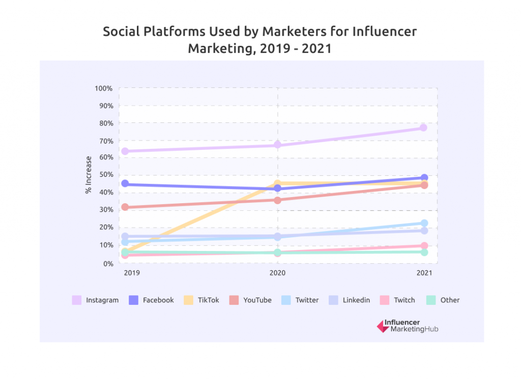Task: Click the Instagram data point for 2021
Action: (x=423, y=128)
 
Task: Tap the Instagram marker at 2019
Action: (x=125, y=151)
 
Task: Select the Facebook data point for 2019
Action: (x=125, y=184)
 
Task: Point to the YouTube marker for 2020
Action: (x=277, y=200)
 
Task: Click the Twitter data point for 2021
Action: (x=424, y=223)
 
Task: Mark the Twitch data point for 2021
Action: (x=424, y=246)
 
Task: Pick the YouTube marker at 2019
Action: (x=125, y=207)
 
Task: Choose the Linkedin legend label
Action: (x=356, y=300)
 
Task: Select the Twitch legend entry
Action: (x=404, y=300)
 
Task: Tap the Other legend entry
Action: (x=450, y=300)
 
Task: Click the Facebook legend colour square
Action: (x=134, y=300)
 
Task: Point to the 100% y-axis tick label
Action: (x=103, y=88)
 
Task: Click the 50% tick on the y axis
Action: (x=105, y=175)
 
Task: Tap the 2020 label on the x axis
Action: (x=277, y=273)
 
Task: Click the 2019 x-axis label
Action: (x=132, y=273)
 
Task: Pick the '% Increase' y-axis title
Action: (x=89, y=175)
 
